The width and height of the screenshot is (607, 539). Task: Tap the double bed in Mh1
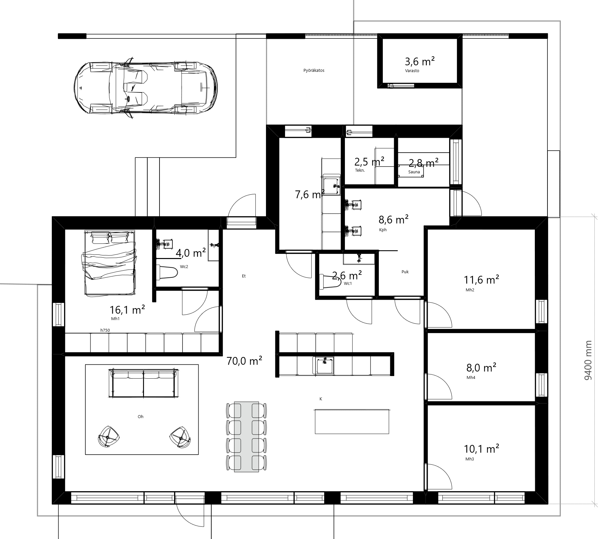click(x=110, y=263)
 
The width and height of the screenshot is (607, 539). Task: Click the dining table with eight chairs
click(x=247, y=437)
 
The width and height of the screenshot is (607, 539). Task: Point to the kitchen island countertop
click(x=352, y=421)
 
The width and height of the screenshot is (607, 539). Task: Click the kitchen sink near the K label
click(x=323, y=365)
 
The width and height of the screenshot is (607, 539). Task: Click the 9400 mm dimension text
click(x=588, y=360)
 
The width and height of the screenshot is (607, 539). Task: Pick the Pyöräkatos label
click(x=314, y=70)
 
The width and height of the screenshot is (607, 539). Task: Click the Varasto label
click(x=412, y=71)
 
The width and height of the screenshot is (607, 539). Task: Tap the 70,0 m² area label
click(x=244, y=361)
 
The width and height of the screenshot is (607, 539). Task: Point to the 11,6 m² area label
click(x=481, y=279)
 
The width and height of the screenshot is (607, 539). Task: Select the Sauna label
click(x=414, y=172)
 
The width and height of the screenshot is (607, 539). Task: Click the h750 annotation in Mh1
click(x=105, y=330)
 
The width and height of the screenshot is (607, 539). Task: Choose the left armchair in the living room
click(x=108, y=437)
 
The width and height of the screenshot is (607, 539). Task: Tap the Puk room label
click(x=405, y=272)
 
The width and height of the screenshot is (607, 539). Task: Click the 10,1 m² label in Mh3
click(x=481, y=449)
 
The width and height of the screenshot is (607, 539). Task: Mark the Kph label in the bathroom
click(x=383, y=230)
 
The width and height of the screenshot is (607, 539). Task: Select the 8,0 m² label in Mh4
click(x=481, y=368)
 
